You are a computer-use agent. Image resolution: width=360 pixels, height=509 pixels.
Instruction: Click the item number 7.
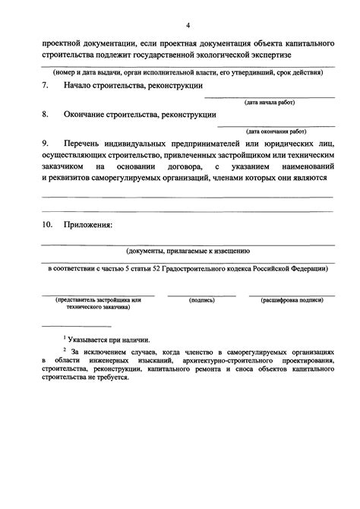(45, 86)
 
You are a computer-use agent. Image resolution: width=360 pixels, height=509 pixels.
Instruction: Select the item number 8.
(45, 115)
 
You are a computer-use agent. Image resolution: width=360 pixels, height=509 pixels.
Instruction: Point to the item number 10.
(47, 225)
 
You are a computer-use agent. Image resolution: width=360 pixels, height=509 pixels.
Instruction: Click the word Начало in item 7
(81, 86)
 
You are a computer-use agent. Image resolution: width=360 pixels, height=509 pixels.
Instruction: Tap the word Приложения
(90, 225)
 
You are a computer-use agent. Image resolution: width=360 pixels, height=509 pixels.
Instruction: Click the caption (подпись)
(202, 301)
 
